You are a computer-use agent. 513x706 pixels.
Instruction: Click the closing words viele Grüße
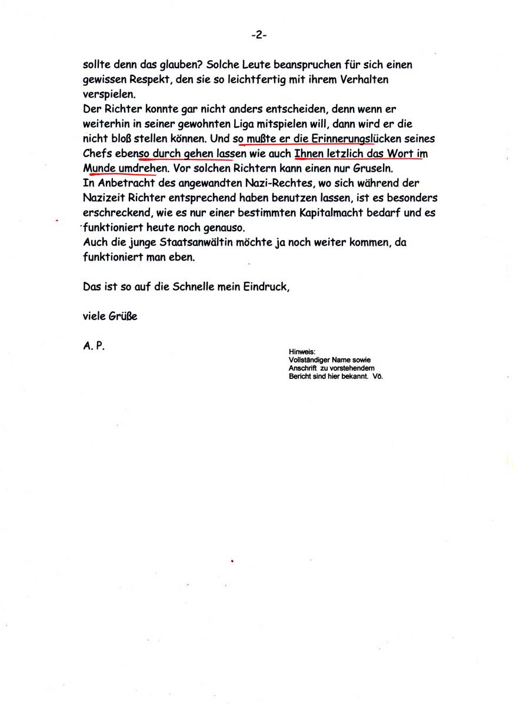coord(110,317)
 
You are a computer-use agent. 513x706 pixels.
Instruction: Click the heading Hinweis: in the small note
coord(302,352)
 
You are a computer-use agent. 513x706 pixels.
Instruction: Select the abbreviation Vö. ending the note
coord(378,376)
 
